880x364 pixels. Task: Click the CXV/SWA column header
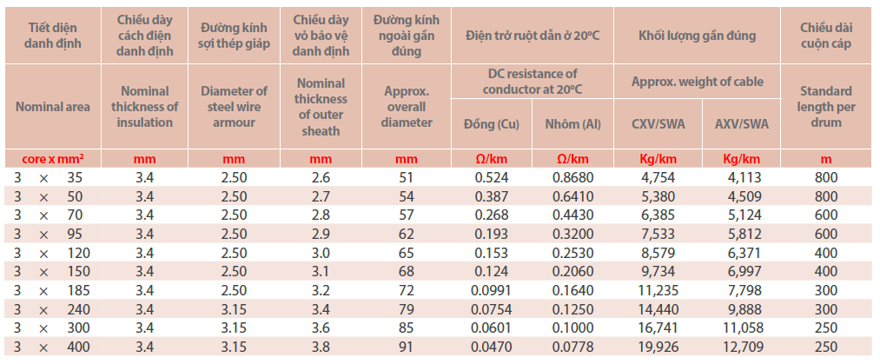click(658, 123)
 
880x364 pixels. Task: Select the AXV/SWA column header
click(741, 123)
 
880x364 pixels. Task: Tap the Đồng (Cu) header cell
click(492, 123)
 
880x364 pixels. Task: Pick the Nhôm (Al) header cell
click(574, 123)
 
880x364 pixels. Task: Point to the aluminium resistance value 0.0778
click(574, 347)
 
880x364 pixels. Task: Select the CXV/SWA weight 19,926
click(658, 347)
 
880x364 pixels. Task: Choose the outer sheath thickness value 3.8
click(321, 347)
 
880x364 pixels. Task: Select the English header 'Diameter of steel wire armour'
click(234, 107)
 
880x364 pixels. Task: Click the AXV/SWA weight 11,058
click(741, 328)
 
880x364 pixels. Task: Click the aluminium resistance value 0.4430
click(574, 215)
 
